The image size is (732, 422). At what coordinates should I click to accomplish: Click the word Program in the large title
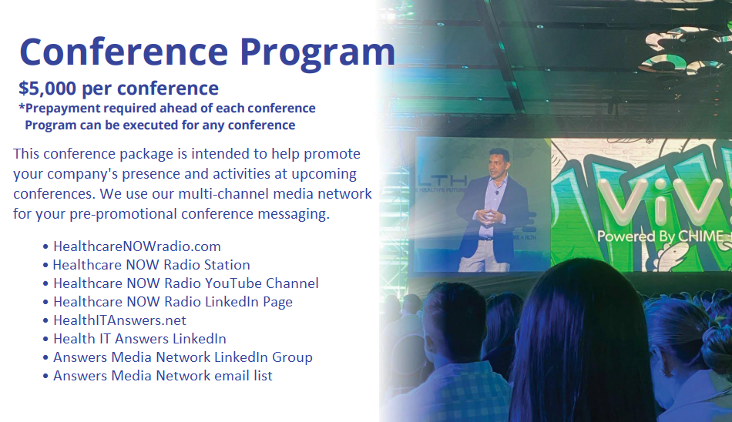317,52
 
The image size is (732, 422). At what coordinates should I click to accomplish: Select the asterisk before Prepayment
22,106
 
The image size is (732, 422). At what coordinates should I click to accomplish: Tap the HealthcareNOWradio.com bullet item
137,246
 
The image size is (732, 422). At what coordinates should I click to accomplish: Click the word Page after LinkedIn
277,302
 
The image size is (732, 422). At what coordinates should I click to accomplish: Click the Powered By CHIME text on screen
660,236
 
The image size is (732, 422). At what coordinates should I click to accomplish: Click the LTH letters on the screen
441,181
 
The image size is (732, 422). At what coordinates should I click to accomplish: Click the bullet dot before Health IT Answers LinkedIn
45,340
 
